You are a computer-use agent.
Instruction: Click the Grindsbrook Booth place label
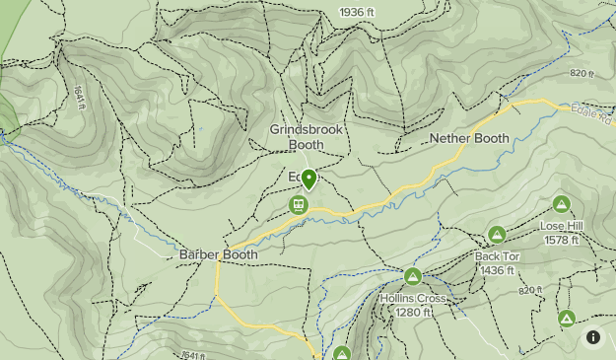click(305, 137)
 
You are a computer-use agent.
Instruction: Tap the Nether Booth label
click(469, 139)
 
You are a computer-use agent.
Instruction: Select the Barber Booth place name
click(218, 254)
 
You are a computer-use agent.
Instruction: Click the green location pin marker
click(308, 180)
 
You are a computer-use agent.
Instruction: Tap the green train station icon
click(298, 205)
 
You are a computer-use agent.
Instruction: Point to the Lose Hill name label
click(562, 226)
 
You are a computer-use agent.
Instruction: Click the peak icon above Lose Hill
click(561, 205)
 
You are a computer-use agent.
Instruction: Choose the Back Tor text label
click(497, 256)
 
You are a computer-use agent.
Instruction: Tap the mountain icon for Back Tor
click(497, 235)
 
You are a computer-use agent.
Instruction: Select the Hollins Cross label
click(413, 298)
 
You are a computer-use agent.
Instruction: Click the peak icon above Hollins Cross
click(412, 276)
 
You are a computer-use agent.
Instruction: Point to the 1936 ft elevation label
click(357, 12)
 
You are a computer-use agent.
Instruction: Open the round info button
click(593, 337)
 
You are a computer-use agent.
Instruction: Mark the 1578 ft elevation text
click(562, 240)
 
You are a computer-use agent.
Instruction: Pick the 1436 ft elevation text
click(497, 269)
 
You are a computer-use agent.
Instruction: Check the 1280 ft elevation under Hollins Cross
click(413, 312)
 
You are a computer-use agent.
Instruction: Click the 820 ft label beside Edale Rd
click(583, 74)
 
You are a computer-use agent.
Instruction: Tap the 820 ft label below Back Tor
click(530, 290)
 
